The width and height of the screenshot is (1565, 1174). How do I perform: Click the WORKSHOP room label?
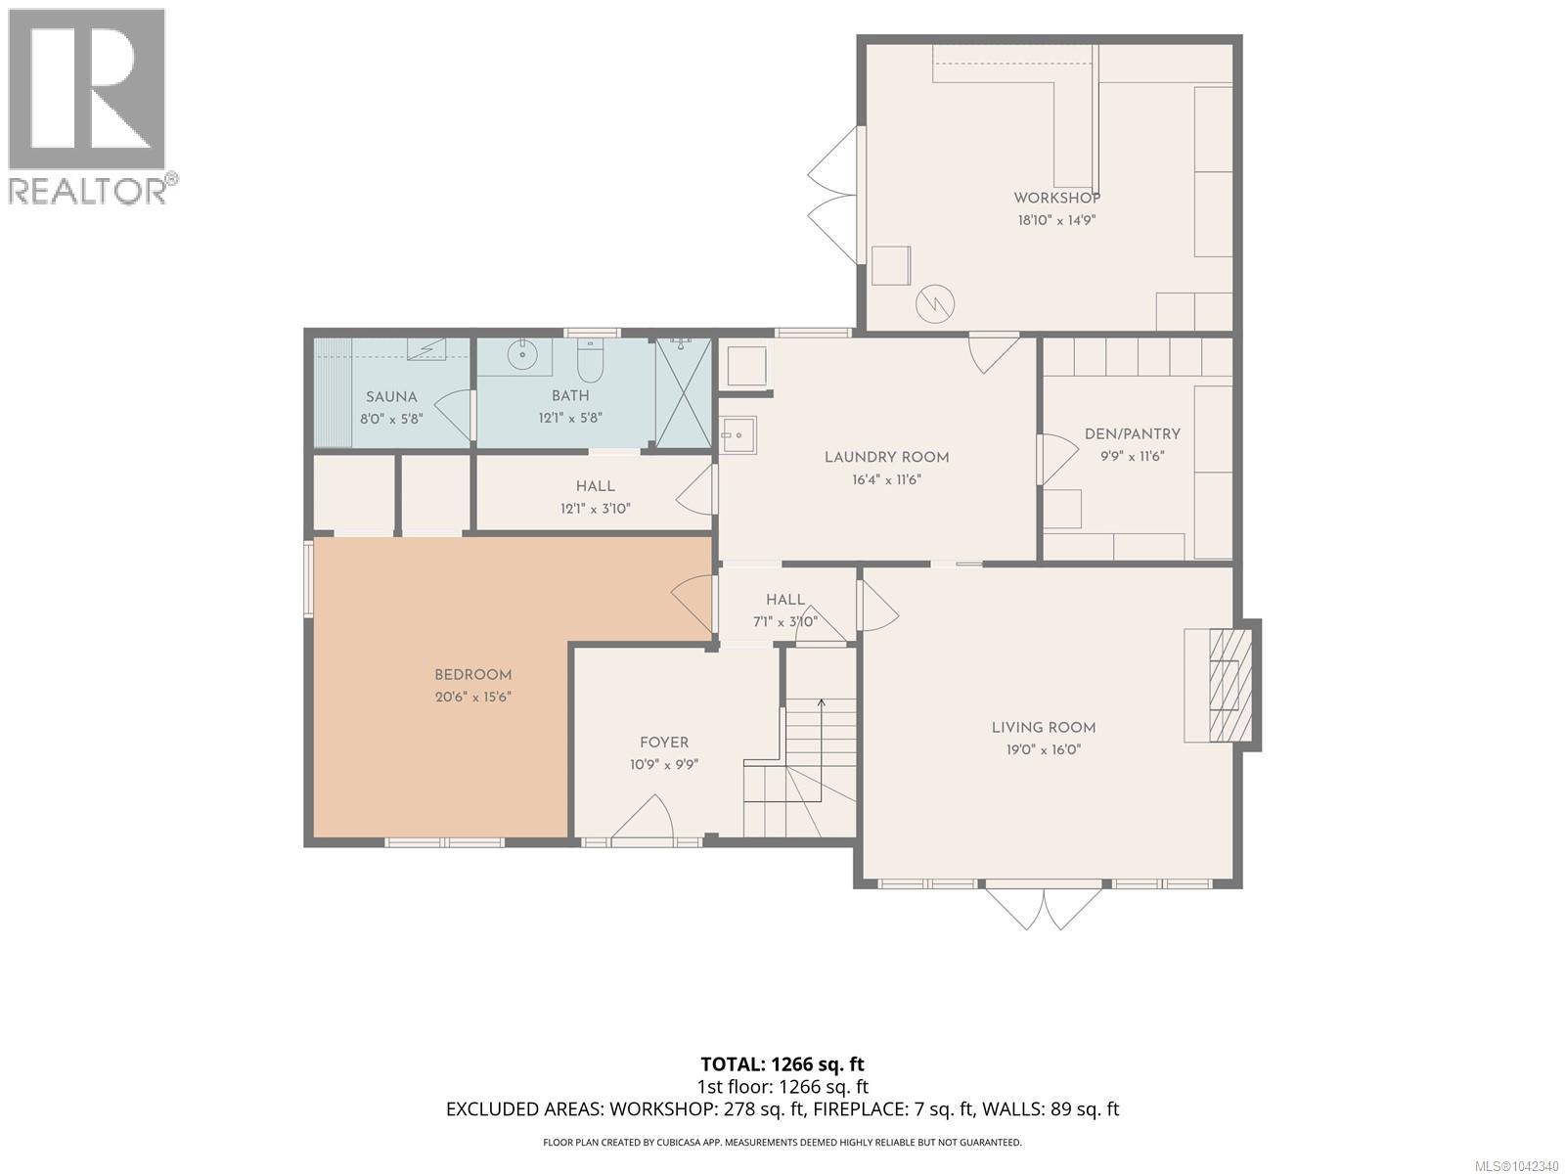[x=1056, y=198]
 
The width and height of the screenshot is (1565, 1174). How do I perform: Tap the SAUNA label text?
[x=391, y=397]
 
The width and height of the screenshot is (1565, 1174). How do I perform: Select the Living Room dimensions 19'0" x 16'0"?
[x=1043, y=749]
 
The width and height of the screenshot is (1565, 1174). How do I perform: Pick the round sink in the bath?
[x=522, y=353]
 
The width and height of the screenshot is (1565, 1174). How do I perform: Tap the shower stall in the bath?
[x=683, y=392]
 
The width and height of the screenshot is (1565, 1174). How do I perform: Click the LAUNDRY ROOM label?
[x=886, y=457]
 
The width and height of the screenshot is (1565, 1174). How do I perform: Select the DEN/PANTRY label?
[x=1133, y=433]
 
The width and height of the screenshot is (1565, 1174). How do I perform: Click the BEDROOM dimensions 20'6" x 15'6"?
[x=473, y=697]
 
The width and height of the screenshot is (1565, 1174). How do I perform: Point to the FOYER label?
[x=664, y=743]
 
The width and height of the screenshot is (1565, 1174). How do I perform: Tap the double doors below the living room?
[x=1043, y=908]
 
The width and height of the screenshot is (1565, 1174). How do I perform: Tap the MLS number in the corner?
[x=1520, y=1166]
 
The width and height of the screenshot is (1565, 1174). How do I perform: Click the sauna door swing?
[x=454, y=416]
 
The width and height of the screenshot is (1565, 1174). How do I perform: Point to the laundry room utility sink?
[x=738, y=434]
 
